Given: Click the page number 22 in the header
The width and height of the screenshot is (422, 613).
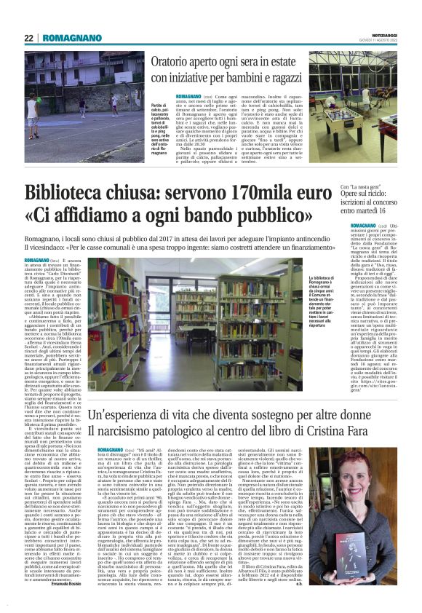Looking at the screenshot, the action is pyautogui.click(x=29, y=37).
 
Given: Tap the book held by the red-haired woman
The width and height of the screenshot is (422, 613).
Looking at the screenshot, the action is pyautogui.click(x=367, y=542).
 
